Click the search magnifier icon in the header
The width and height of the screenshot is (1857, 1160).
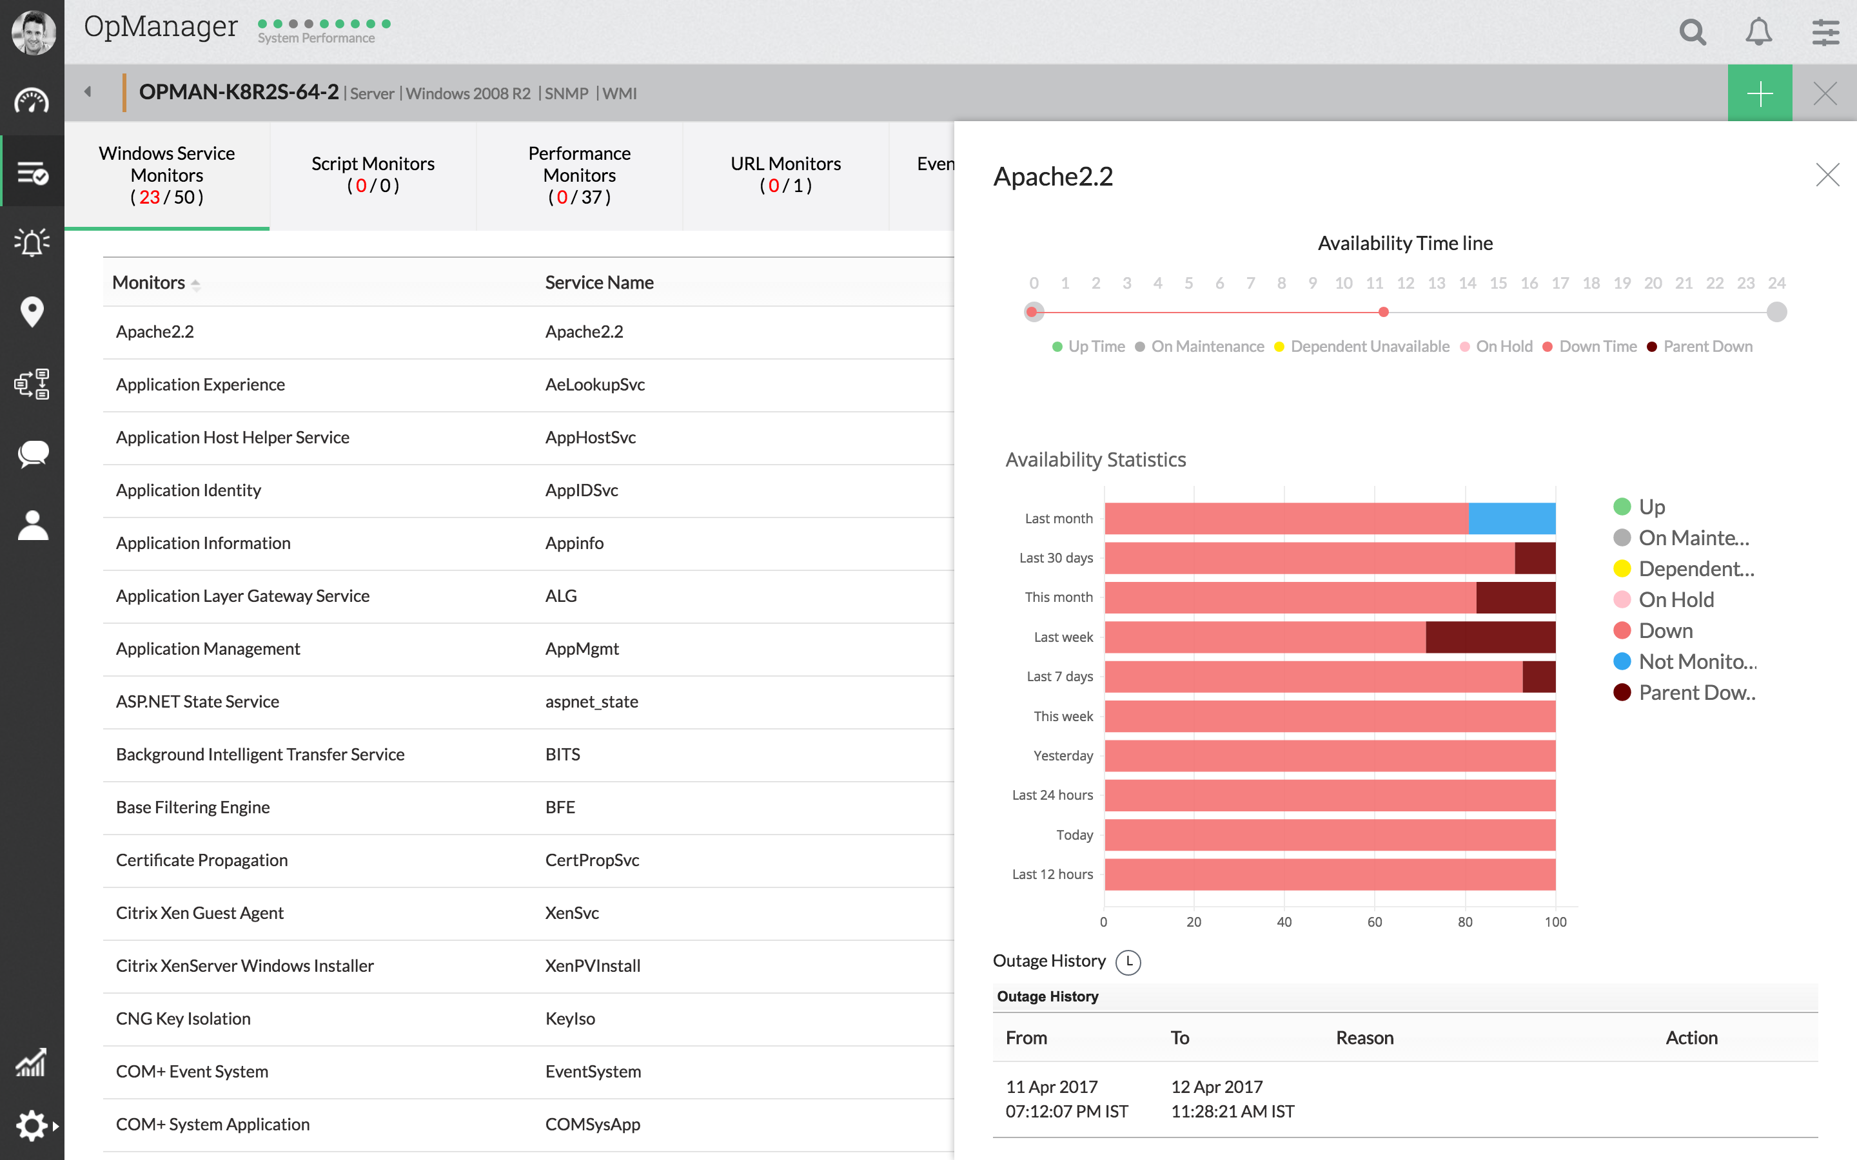click(1692, 32)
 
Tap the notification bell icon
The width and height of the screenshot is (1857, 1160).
click(1759, 32)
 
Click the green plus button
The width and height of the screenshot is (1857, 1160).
click(1760, 93)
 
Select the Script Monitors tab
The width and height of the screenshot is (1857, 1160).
click(373, 174)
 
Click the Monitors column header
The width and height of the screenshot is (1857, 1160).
click(149, 282)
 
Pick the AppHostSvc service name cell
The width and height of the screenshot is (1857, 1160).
click(590, 438)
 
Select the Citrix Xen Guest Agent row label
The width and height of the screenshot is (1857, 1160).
click(199, 913)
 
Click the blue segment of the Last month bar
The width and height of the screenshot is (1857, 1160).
click(1511, 519)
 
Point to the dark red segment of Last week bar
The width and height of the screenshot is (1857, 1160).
click(1490, 637)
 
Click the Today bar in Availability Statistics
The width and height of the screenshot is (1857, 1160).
click(1329, 835)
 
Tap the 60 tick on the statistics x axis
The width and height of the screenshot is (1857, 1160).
click(1374, 922)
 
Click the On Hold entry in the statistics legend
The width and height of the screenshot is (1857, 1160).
click(1676, 600)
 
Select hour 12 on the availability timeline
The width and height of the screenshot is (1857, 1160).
click(1405, 283)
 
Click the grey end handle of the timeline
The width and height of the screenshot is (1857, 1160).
click(1776, 313)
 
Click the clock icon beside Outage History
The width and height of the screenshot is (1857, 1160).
click(1128, 962)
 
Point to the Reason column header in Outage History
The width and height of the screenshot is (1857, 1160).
click(1364, 1038)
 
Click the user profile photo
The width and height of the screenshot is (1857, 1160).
click(33, 32)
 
